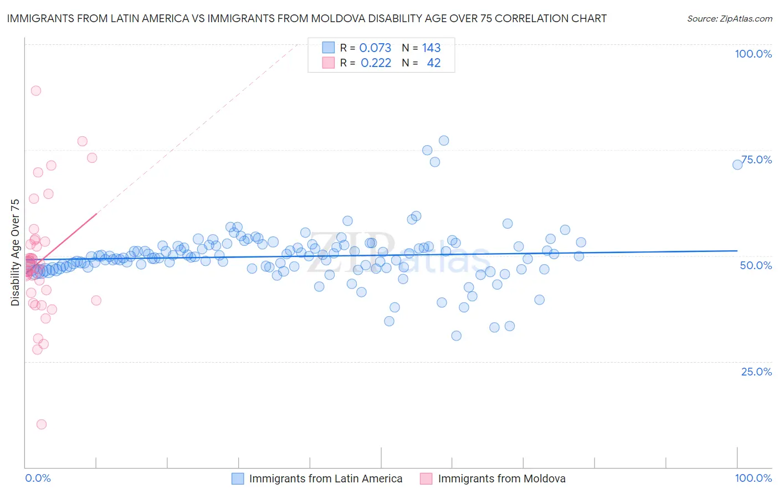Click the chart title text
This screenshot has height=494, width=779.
(x=306, y=18)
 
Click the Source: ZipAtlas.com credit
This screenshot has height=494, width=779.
(x=729, y=18)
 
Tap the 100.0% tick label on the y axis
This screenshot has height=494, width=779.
(x=753, y=54)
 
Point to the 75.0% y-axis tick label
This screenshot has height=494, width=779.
(x=756, y=159)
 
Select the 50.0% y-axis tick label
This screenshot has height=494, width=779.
(x=756, y=265)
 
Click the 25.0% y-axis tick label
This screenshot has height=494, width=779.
(x=756, y=371)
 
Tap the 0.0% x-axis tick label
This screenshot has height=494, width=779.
(x=38, y=478)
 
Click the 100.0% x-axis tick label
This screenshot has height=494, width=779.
(x=753, y=478)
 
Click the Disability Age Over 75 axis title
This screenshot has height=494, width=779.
(x=15, y=252)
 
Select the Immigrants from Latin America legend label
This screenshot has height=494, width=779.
(x=326, y=478)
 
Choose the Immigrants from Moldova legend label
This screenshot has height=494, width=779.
(x=501, y=478)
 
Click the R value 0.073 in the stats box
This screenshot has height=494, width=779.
(x=375, y=48)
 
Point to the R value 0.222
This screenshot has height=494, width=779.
(x=376, y=63)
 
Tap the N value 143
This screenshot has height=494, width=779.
(x=431, y=48)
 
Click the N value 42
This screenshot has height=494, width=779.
(x=433, y=63)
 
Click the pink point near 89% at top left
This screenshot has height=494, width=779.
(x=36, y=91)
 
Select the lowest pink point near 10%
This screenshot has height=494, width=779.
(x=42, y=424)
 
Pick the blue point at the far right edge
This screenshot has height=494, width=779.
(x=737, y=164)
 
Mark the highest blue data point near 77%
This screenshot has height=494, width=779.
(x=444, y=141)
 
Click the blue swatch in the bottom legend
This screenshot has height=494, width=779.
(x=238, y=478)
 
